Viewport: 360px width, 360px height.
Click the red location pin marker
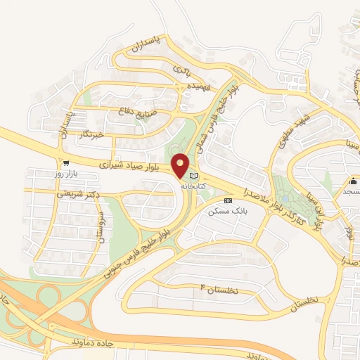coord(181,165)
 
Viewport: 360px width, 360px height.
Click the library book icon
coord(195,176)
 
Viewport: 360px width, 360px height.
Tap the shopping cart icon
coord(65,162)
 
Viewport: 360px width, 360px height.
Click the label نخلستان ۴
coord(219,290)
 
